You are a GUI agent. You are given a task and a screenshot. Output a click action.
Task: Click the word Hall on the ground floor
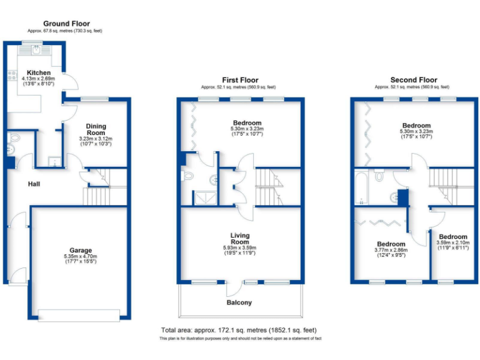34,184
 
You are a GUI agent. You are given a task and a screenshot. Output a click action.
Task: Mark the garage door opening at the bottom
78,314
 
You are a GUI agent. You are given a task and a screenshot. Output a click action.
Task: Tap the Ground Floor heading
65,23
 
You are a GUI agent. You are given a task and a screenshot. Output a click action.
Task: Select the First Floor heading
240,80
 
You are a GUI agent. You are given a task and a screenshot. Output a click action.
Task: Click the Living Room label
240,239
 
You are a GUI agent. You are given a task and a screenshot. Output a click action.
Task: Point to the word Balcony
239,302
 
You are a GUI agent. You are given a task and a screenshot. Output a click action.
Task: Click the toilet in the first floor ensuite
187,177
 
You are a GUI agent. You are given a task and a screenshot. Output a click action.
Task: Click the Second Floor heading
414,80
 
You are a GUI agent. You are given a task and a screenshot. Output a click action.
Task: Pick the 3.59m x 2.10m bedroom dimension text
452,244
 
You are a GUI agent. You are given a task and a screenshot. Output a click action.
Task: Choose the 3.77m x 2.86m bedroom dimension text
391,251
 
